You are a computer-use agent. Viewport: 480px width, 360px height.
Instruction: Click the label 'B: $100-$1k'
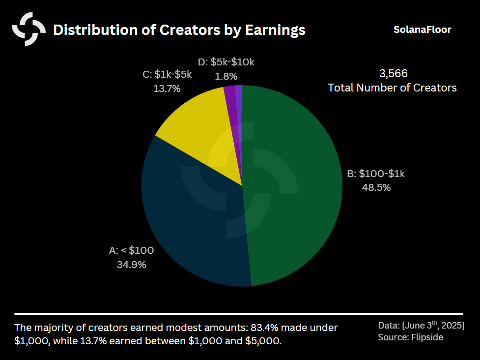(376, 174)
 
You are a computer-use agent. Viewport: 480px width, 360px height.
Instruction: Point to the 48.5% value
(376, 187)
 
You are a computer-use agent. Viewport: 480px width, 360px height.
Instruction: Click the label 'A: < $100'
(131, 250)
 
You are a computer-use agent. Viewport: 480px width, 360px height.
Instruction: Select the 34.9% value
(131, 265)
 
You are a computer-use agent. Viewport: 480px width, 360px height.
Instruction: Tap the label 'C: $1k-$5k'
(167, 75)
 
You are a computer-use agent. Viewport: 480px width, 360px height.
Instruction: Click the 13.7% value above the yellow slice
(167, 89)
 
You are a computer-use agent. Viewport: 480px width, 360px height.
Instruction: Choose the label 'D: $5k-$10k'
(226, 62)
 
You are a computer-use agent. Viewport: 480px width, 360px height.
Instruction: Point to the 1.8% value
(226, 76)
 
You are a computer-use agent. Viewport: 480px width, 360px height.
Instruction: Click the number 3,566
(394, 74)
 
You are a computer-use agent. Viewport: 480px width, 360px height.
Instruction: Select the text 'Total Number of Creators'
(392, 88)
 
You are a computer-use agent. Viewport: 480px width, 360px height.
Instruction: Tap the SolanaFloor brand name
(422, 30)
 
